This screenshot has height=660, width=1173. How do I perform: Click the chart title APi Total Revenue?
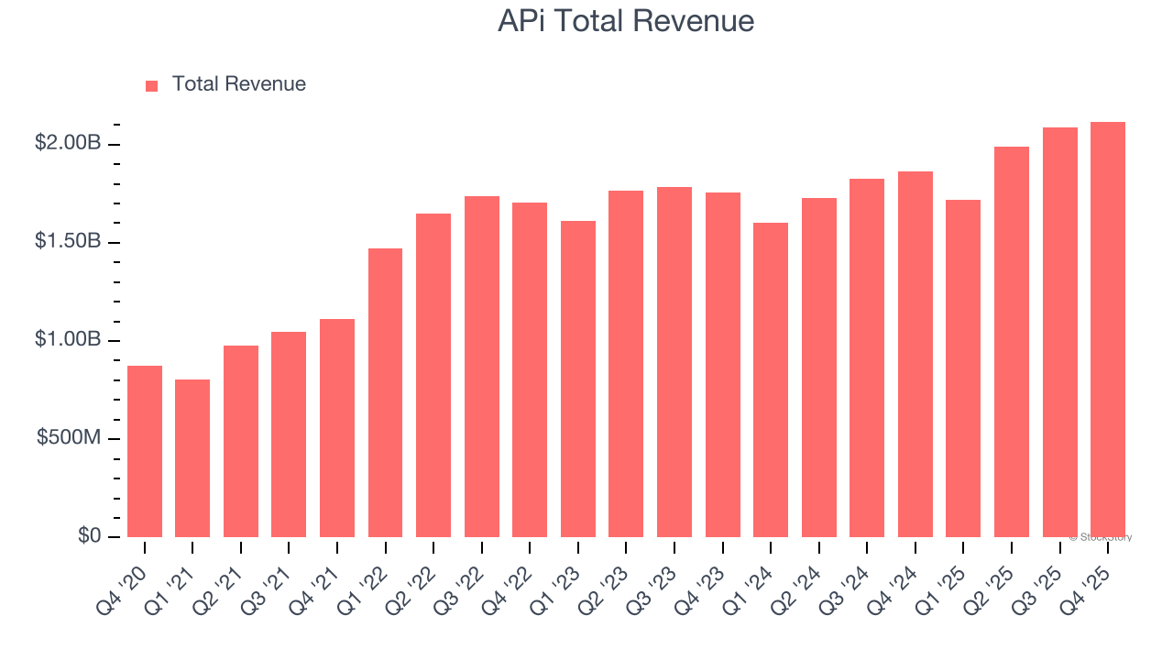[626, 21]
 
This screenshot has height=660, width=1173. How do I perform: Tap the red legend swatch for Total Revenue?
[152, 85]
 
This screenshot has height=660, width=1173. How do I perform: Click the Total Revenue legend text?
[238, 84]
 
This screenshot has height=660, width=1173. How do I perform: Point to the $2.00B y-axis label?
[68, 143]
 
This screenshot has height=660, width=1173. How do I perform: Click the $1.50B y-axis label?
[68, 241]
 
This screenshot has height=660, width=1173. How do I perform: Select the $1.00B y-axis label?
[68, 339]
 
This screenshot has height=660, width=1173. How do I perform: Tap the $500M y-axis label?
[69, 437]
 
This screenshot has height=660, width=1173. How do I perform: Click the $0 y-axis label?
[89, 535]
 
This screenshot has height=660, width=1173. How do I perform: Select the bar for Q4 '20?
[145, 451]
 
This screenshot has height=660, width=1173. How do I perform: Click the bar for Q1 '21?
[192, 458]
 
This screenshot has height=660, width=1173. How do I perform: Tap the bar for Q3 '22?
[482, 367]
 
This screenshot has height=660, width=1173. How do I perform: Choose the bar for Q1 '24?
[771, 379]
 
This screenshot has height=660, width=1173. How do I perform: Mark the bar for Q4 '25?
[1108, 329]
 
